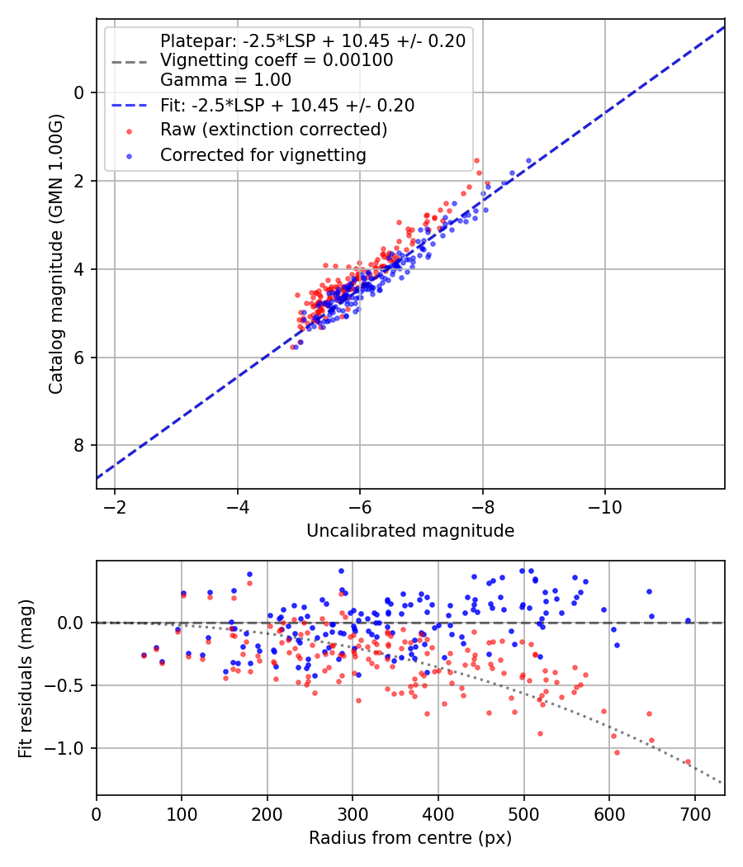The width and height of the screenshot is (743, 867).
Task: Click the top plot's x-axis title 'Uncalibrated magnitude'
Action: (x=410, y=531)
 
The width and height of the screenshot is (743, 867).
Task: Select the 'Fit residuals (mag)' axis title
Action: (x=25, y=678)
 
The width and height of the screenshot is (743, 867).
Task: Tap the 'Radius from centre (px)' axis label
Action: (x=410, y=838)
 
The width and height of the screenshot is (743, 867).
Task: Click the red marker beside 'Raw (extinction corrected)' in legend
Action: (x=129, y=130)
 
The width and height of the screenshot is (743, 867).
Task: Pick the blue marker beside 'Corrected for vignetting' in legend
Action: (x=129, y=155)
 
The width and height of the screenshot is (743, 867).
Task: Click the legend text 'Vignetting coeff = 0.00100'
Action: (x=277, y=60)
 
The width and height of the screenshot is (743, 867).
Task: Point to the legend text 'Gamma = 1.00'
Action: (x=225, y=80)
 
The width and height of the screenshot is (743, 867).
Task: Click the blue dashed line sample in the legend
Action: (x=129, y=106)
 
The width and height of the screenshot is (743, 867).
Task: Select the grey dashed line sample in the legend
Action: (x=129, y=61)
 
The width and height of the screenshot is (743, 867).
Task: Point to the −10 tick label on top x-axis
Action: (x=605, y=505)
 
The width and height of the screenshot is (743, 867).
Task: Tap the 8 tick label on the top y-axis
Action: (x=80, y=446)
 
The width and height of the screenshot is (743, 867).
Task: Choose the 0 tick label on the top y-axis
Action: (x=80, y=92)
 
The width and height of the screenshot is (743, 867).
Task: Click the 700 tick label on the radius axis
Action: (x=694, y=813)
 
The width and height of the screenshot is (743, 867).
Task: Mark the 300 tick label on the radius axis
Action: (x=353, y=813)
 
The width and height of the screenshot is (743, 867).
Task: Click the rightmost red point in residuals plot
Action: (x=688, y=762)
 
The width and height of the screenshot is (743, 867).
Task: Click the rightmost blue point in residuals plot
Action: (x=688, y=621)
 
